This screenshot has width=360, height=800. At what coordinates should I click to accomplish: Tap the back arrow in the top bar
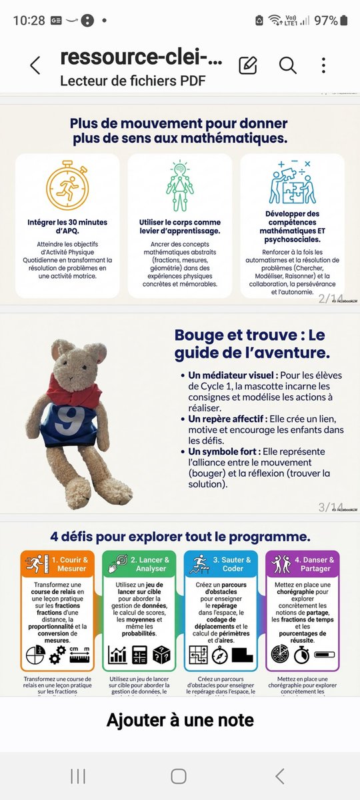35,65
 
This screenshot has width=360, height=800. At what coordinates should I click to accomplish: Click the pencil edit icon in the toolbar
247,65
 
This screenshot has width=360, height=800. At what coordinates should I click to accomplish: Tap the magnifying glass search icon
287,65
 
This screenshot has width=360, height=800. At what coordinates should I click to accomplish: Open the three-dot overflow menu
323,65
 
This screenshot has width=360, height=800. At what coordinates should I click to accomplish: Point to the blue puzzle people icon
292,183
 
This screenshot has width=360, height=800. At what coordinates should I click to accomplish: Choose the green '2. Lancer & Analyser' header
139,564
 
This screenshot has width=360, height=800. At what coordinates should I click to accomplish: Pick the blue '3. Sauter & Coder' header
221,564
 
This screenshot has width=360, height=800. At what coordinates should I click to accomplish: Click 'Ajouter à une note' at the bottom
180,719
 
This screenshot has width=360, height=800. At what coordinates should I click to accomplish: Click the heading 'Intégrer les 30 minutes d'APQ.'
67,226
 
